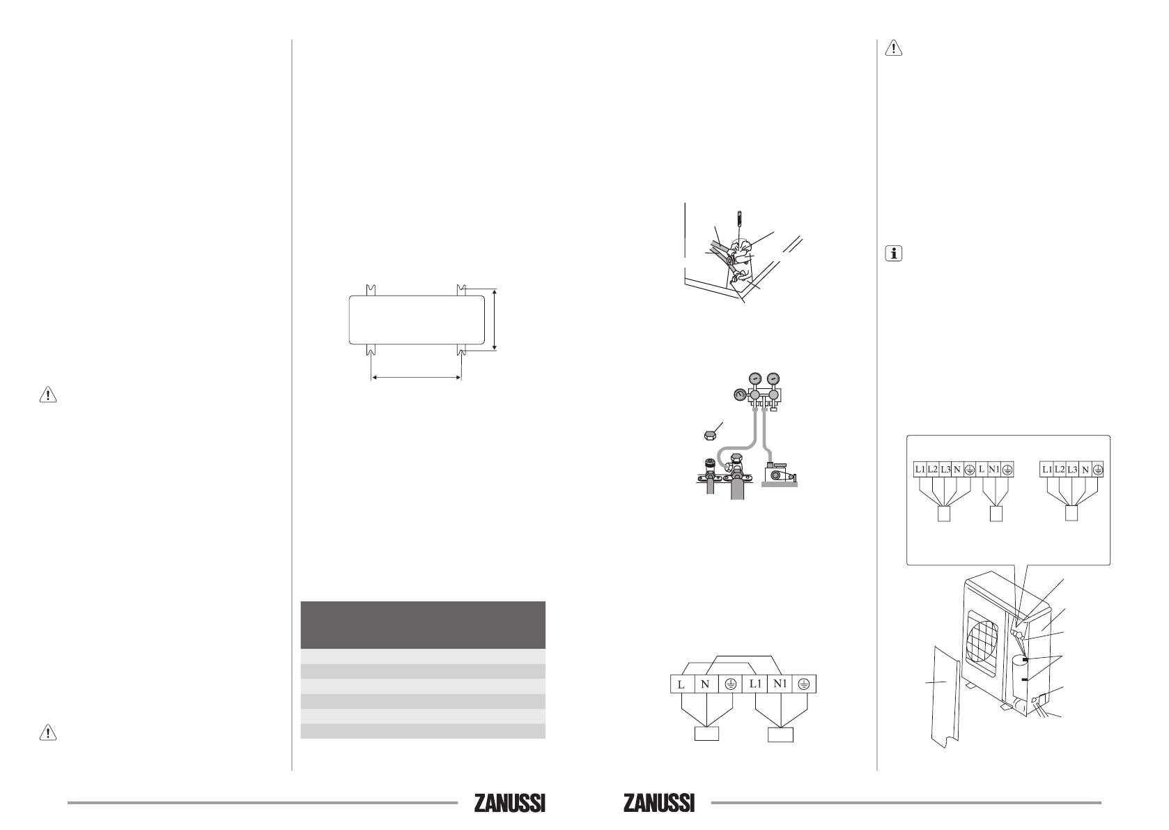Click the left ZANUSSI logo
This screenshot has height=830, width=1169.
pyautogui.click(x=509, y=803)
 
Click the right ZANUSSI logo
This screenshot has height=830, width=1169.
pyautogui.click(x=658, y=803)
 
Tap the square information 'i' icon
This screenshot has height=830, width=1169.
pyautogui.click(x=893, y=254)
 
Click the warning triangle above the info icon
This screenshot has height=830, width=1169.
pyautogui.click(x=893, y=48)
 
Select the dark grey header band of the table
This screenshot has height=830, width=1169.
pyautogui.click(x=423, y=625)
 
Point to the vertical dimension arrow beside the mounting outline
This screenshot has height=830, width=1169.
pyautogui.click(x=494, y=319)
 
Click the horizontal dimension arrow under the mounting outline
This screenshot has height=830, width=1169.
pyautogui.click(x=417, y=377)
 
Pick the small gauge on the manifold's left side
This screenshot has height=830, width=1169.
pyautogui.click(x=740, y=395)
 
